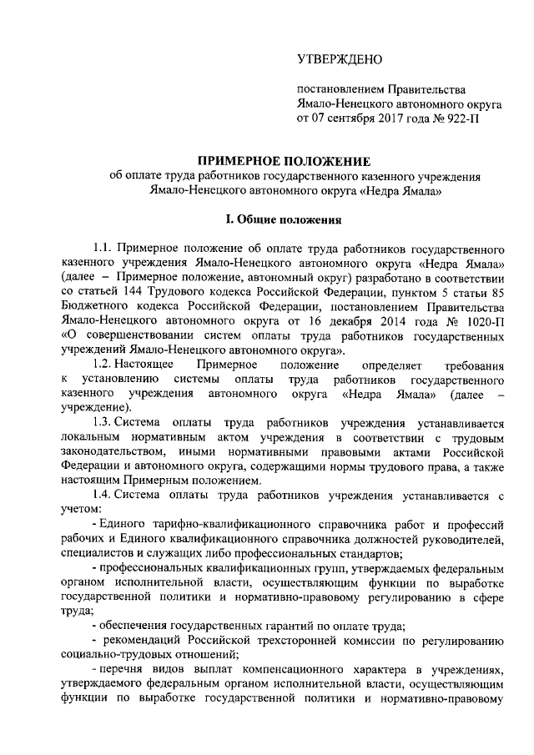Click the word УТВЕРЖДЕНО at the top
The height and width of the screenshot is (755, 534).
[340, 58]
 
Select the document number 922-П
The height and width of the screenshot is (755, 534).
[462, 118]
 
